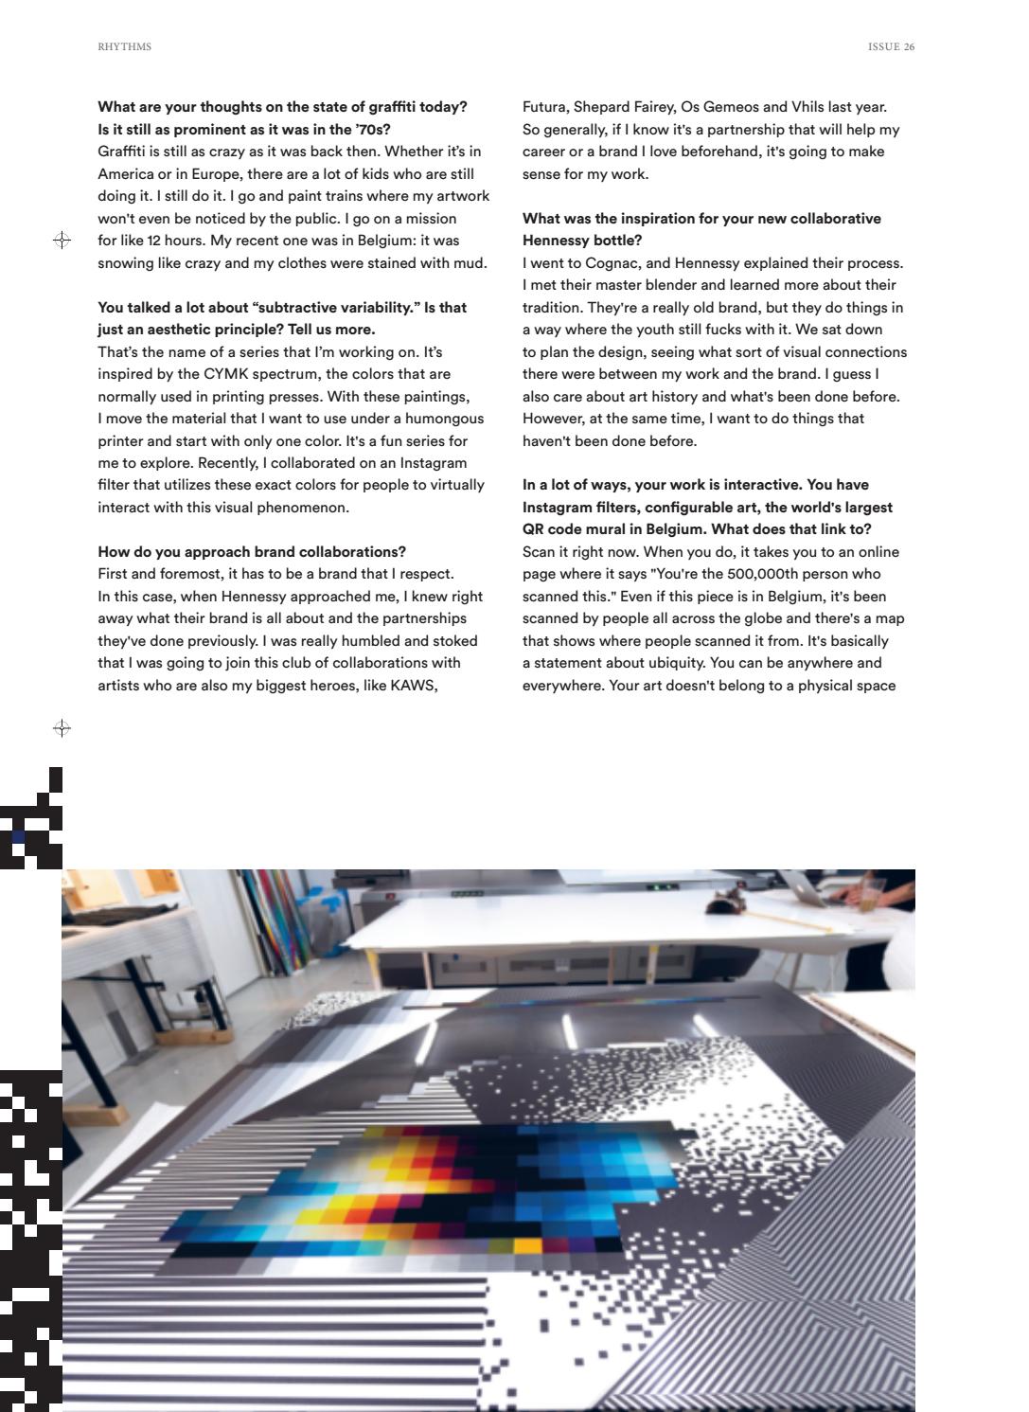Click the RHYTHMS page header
[x=124, y=46]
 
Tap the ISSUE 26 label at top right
[x=891, y=46]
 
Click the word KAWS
[x=413, y=685]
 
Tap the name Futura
[x=546, y=107]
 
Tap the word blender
[x=675, y=285]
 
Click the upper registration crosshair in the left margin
[x=62, y=241]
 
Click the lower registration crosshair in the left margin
[x=62, y=728]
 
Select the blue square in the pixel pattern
[x=19, y=837]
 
